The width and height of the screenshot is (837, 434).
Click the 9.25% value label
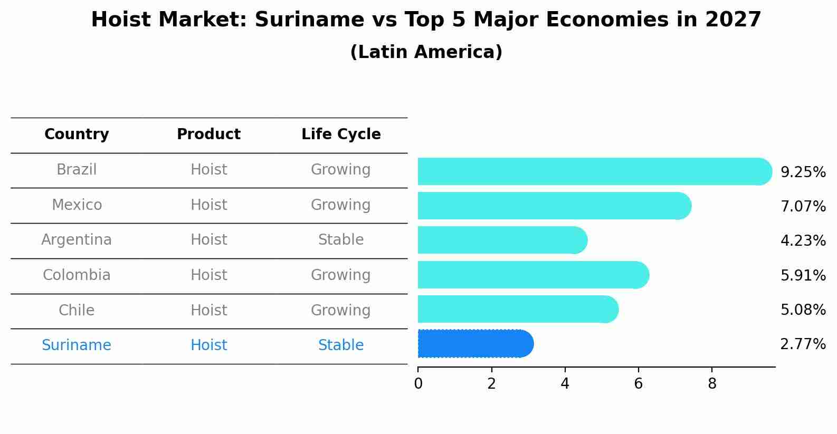point(803,172)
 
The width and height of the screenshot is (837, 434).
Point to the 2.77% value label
point(803,344)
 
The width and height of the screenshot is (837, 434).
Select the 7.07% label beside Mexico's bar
point(803,207)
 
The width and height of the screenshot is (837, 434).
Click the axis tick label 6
point(638,384)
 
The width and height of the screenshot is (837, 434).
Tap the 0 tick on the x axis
point(418,384)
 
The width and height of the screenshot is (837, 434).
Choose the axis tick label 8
point(712,384)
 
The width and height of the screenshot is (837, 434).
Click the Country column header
point(77,134)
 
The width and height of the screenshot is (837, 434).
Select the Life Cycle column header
point(341,134)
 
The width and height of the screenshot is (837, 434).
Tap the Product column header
point(208,134)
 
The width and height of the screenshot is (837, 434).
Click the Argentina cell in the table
point(77,240)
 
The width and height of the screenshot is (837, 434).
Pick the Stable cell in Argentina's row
point(341,240)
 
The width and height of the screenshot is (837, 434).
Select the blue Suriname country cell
point(77,345)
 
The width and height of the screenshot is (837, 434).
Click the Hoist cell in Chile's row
point(208,310)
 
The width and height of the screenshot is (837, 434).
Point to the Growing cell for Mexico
point(341,205)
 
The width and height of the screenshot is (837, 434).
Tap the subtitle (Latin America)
point(426,52)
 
